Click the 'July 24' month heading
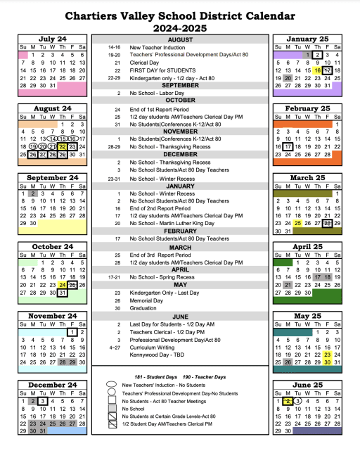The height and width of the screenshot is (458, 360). point(53,39)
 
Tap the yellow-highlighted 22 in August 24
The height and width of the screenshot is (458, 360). point(63,146)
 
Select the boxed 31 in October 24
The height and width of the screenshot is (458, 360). point(63,293)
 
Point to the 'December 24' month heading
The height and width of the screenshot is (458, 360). point(53,385)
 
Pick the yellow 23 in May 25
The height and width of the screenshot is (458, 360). point(328,355)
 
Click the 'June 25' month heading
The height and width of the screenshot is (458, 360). point(307,385)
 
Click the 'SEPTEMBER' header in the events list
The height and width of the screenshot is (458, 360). point(180,85)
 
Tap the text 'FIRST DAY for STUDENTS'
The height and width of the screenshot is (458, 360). point(162,70)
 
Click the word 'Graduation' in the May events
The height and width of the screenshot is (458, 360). point(145,307)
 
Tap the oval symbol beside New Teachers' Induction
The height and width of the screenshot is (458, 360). point(111,386)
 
